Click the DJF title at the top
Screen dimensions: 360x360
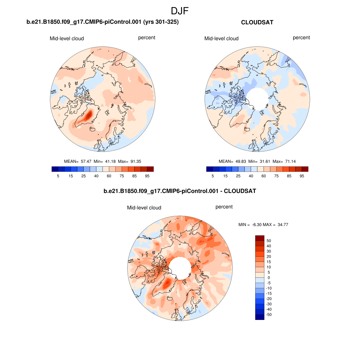coord(180,11)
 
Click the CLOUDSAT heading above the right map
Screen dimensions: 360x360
coord(257,22)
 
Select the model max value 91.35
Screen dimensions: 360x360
coord(134,161)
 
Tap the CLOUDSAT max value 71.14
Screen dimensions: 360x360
coord(289,161)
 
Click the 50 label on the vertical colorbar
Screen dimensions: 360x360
coord(269,241)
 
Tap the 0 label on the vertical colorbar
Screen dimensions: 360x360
coord(269,278)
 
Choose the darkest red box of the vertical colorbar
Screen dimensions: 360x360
coord(259,238)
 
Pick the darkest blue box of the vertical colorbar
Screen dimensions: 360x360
coord(259,317)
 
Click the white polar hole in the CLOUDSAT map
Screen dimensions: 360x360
coord(257,98)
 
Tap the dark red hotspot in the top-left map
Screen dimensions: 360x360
coord(89,114)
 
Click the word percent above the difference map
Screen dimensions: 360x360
coord(224,207)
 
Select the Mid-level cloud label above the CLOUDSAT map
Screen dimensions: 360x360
coord(221,39)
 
